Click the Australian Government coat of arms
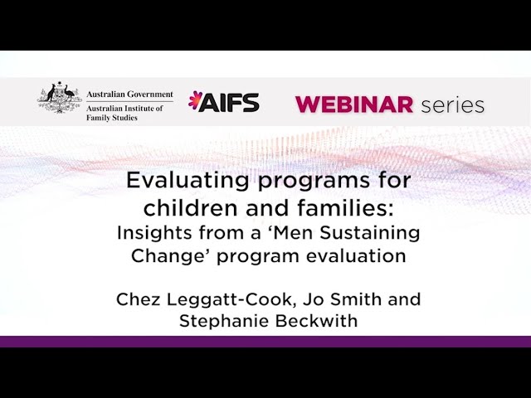point(60,99)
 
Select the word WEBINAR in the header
point(354,104)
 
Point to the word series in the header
point(452,104)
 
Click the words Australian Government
point(130,94)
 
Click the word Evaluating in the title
point(176,180)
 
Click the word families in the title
point(340,206)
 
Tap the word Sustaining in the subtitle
point(377,231)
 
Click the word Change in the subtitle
point(161,255)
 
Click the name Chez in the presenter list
point(136,298)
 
